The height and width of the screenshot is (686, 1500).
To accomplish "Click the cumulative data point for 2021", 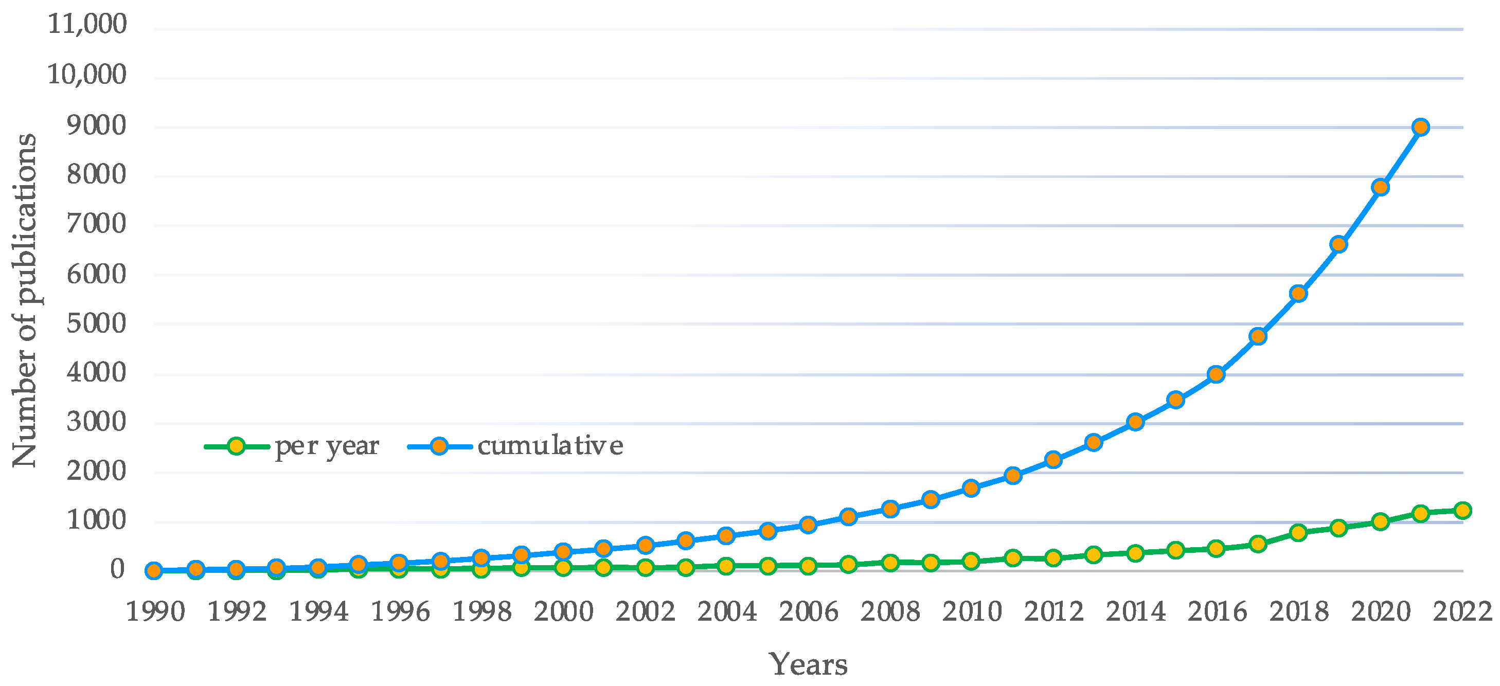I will [x=1421, y=127].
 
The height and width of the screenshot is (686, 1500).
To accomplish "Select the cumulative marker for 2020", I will [x=1380, y=187].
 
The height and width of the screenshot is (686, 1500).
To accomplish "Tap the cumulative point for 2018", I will [x=1298, y=294].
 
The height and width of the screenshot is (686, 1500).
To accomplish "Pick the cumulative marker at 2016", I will [x=1216, y=374].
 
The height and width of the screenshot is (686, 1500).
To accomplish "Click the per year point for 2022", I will [x=1462, y=510].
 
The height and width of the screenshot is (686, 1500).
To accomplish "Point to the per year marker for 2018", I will [x=1298, y=532].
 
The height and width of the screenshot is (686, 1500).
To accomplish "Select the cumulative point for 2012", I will [x=1053, y=459].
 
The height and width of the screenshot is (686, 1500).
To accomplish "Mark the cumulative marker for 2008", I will [x=890, y=509].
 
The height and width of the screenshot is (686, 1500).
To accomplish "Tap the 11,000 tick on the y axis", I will [x=87, y=25].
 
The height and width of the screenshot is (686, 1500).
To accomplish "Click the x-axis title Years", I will [x=808, y=664].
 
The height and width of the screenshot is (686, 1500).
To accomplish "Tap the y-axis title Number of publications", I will [x=25, y=300].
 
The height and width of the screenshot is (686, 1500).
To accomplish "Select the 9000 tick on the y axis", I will [x=96, y=126].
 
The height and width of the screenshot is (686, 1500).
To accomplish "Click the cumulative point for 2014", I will [x=1135, y=422].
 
